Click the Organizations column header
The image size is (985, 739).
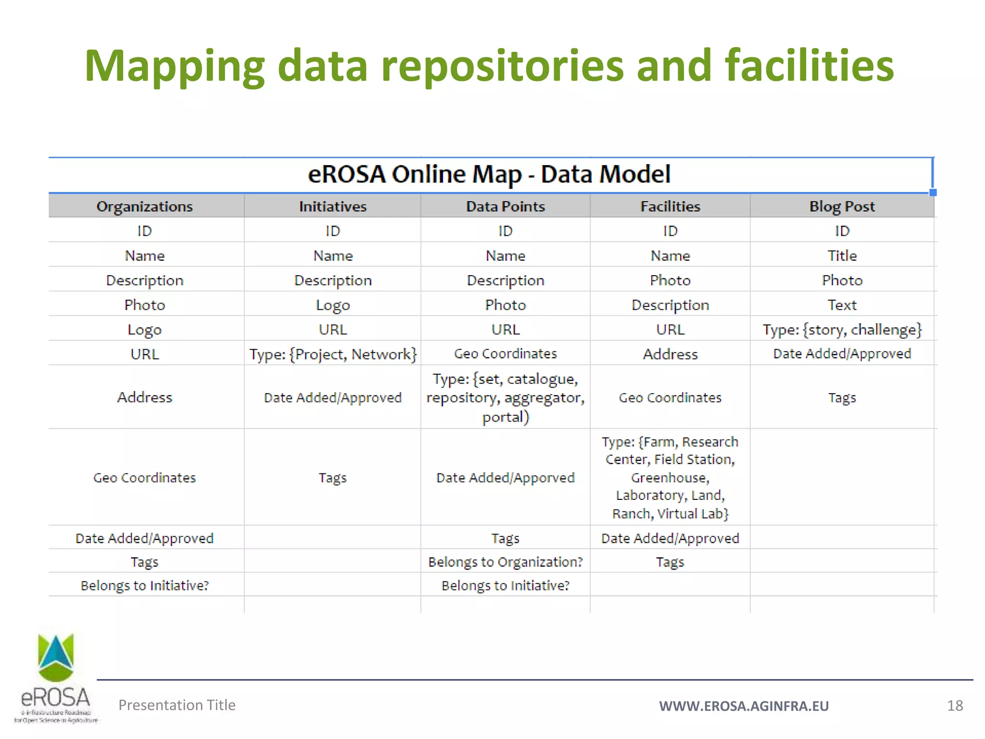(x=144, y=206)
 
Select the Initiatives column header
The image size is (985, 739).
(x=332, y=206)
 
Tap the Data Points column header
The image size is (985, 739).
(x=505, y=206)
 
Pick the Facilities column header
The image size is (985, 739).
(x=670, y=206)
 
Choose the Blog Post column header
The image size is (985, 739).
(x=842, y=206)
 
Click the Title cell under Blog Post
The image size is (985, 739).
(x=842, y=255)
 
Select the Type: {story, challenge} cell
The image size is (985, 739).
(x=842, y=330)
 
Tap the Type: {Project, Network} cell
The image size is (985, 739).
(x=332, y=355)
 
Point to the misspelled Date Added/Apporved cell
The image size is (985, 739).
(x=505, y=478)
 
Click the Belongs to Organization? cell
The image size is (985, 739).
(x=505, y=562)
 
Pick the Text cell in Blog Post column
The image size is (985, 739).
(x=842, y=305)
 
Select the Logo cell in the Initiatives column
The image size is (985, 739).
(x=332, y=305)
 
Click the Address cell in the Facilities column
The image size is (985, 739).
(x=670, y=355)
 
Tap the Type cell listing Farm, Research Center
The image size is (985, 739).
(x=670, y=478)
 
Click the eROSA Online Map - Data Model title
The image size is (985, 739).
(x=489, y=174)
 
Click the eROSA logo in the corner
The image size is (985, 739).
(x=56, y=678)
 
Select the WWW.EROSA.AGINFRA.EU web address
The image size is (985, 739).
(x=744, y=706)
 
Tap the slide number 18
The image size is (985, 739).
(x=955, y=706)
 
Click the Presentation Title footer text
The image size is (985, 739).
(x=177, y=705)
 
